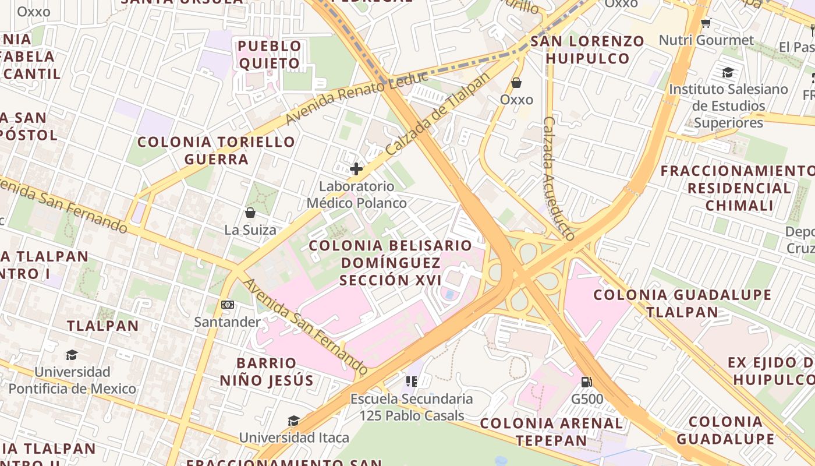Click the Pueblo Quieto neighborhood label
(x=269, y=54)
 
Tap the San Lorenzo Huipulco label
(x=587, y=50)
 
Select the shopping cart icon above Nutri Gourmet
(x=706, y=23)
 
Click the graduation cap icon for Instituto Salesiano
(x=728, y=73)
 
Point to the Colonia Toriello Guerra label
(x=217, y=150)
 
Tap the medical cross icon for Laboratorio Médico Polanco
(x=356, y=170)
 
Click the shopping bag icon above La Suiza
(x=250, y=213)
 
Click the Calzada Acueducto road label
(x=558, y=178)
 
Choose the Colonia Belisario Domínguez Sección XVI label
(x=390, y=263)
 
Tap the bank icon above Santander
(x=228, y=305)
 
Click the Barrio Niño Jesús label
(x=267, y=372)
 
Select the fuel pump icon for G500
(x=586, y=382)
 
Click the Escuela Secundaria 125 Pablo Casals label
(x=412, y=407)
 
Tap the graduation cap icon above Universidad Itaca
(x=294, y=421)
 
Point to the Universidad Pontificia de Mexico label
(x=72, y=380)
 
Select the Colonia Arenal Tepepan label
(x=551, y=432)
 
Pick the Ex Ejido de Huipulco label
(x=770, y=371)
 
